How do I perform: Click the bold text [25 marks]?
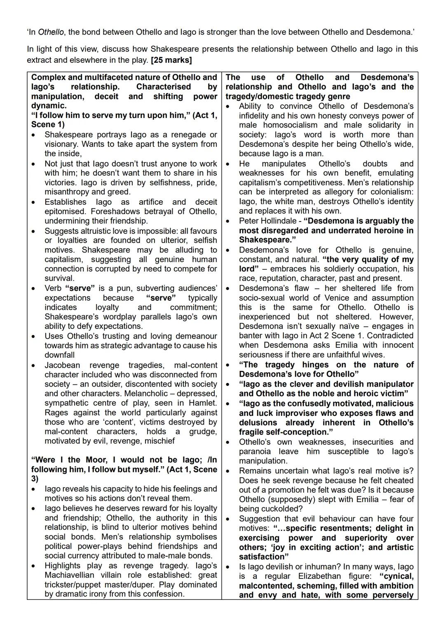click(171, 60)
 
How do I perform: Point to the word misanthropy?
click(67, 192)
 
